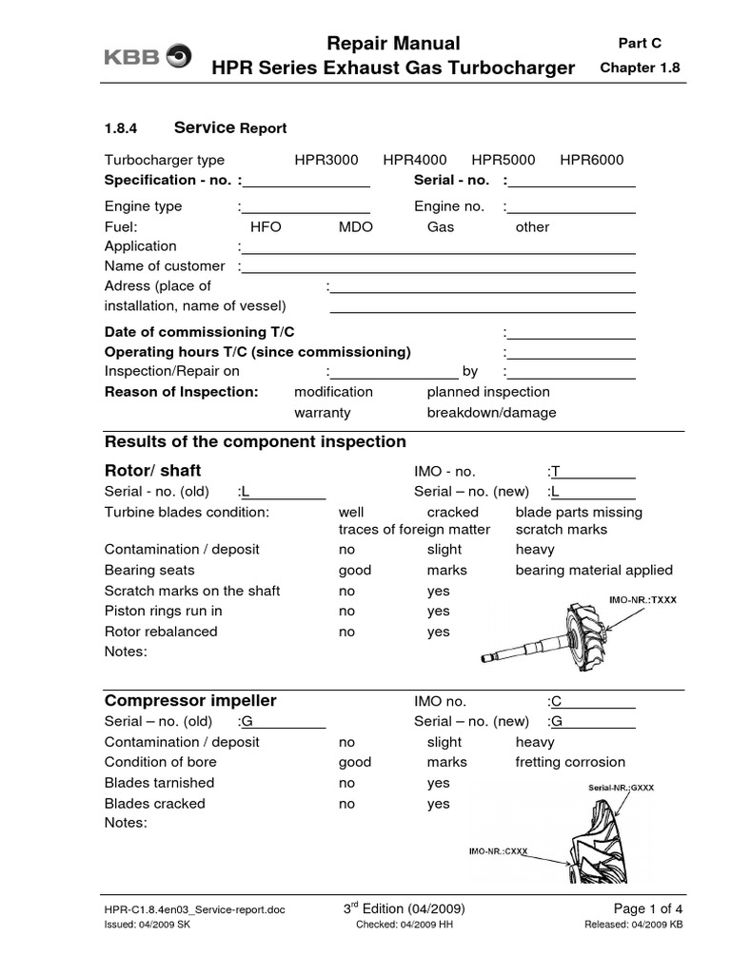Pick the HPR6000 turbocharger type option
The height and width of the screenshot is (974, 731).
tap(591, 160)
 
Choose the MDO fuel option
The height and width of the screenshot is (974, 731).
tap(355, 227)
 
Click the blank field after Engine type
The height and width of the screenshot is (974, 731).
tap(306, 207)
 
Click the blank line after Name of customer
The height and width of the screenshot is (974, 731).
tap(439, 266)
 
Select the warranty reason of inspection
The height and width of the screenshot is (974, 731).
tap(322, 413)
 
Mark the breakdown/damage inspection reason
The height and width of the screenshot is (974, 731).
tap(491, 413)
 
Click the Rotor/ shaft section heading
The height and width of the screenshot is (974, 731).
tap(152, 471)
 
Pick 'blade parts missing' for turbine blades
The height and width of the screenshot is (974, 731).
tap(579, 512)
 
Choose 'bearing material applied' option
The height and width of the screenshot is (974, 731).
tap(594, 570)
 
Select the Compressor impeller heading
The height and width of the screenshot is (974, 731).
tap(189, 700)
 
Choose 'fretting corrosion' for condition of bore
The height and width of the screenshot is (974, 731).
tap(570, 762)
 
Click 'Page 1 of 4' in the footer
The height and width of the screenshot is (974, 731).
tap(642, 909)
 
